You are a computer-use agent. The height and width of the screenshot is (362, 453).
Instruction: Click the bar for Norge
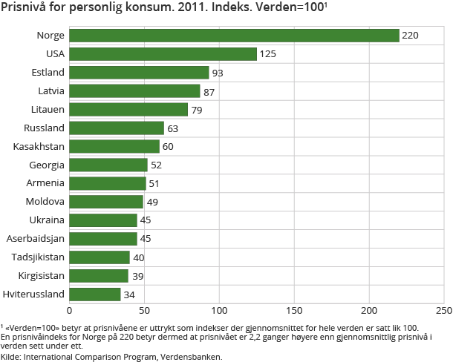(x=234, y=36)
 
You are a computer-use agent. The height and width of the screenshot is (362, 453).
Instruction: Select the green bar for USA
(x=163, y=54)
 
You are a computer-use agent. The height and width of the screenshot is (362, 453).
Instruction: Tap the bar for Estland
(x=139, y=73)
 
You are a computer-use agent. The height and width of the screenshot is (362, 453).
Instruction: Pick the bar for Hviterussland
(x=94, y=294)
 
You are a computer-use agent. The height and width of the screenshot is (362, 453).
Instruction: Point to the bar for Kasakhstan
(x=114, y=146)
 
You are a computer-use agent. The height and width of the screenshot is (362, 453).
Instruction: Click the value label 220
(x=411, y=36)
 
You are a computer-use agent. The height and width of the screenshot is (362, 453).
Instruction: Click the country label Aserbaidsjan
(x=36, y=239)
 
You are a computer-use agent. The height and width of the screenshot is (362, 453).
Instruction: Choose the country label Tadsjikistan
(x=38, y=257)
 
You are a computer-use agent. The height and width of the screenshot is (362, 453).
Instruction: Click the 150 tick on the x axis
(x=294, y=311)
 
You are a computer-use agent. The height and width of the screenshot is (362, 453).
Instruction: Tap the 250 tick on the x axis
(x=443, y=311)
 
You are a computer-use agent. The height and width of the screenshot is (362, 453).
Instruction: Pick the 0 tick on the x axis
(x=70, y=311)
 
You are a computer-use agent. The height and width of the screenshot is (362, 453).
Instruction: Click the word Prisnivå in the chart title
(x=25, y=8)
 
